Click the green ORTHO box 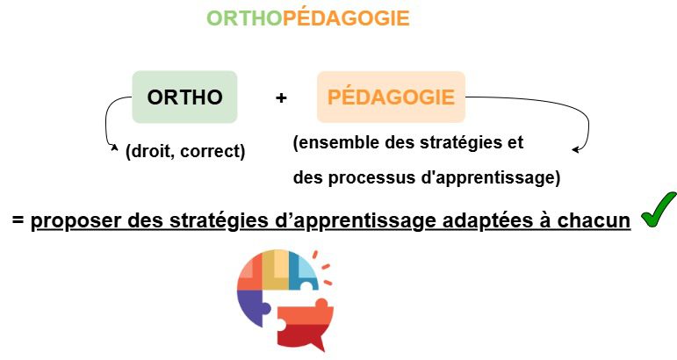pyautogui.click(x=184, y=97)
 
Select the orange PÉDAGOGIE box pyautogui.click(x=391, y=97)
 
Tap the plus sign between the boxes pyautogui.click(x=281, y=97)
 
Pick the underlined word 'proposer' pyautogui.click(x=76, y=220)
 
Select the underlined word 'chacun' pyautogui.click(x=598, y=220)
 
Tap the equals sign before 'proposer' pyautogui.click(x=18, y=220)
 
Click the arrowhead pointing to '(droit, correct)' pyautogui.click(x=114, y=150)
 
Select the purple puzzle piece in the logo pyautogui.click(x=253, y=306)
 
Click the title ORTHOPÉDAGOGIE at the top pyautogui.click(x=308, y=18)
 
